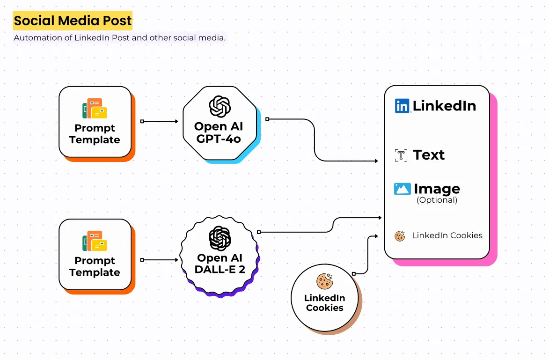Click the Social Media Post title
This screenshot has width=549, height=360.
(73, 21)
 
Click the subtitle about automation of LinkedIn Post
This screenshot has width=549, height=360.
(119, 38)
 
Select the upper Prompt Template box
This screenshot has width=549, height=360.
(95, 122)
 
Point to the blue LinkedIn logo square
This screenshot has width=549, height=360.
(402, 106)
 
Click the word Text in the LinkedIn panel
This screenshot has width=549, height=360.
(429, 155)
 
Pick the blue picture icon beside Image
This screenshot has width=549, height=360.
(402, 189)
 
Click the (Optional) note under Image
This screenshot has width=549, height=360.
(437, 200)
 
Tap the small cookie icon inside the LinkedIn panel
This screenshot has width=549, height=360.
(400, 236)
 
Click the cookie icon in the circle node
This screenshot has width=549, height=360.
(324, 281)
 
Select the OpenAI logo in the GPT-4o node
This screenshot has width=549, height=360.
(219, 106)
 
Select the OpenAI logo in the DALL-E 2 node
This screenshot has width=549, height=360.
(220, 238)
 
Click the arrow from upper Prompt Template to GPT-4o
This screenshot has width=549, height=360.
(160, 121)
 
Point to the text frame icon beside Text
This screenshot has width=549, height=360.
(401, 155)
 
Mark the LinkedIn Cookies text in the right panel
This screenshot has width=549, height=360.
(447, 235)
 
